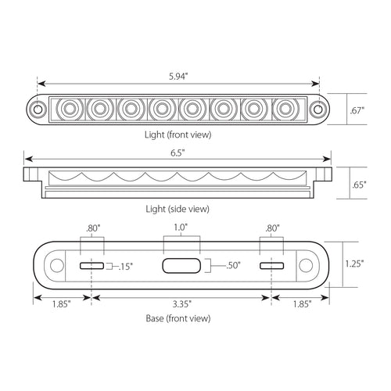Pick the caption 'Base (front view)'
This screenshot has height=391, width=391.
(x=179, y=318)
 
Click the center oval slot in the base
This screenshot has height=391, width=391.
(x=181, y=267)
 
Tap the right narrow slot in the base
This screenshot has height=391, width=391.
(x=271, y=267)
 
